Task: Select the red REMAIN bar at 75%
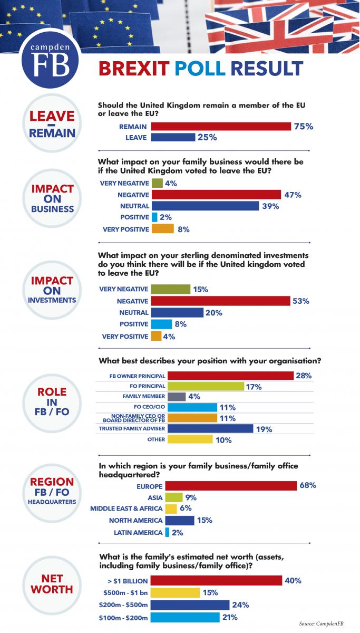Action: [x=221, y=127]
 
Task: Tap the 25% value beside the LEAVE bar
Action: [x=207, y=137]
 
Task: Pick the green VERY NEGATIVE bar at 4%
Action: [x=157, y=183]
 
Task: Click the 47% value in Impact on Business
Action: [x=292, y=195]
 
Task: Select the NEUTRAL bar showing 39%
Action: [x=205, y=206]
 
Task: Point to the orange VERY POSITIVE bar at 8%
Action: [x=162, y=229]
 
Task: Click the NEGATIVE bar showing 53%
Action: [x=220, y=301]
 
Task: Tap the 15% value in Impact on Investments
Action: [x=201, y=290]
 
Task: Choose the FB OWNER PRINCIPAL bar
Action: [x=222, y=376]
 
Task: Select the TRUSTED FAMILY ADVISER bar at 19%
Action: [x=202, y=429]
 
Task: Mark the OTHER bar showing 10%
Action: [x=181, y=439]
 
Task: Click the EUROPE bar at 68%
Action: [x=223, y=485]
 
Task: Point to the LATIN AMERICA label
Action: [x=138, y=533]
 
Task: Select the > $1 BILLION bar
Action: [x=216, y=581]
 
